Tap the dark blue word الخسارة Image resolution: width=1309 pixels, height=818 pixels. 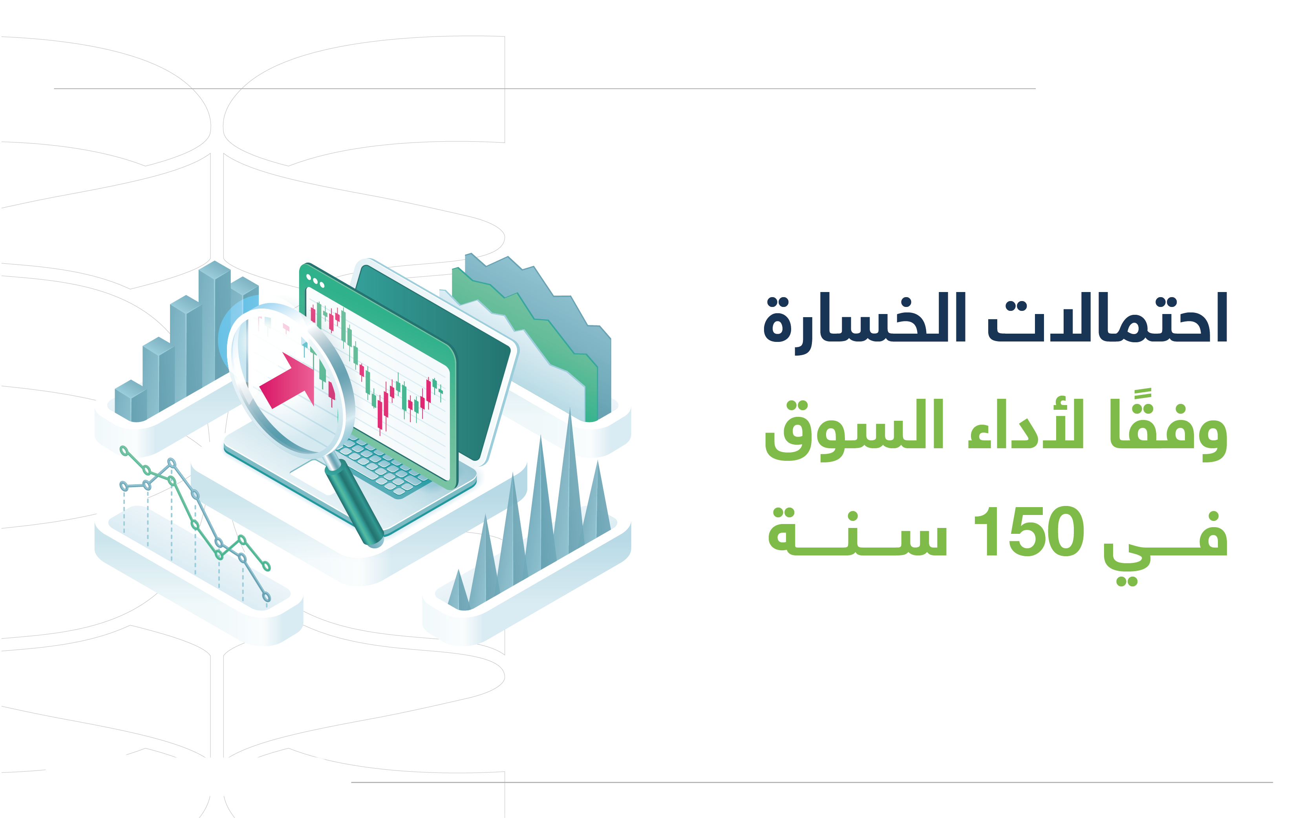tap(864, 322)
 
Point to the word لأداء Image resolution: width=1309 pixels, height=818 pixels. tap(1026, 425)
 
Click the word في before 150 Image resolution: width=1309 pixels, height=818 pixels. tap(1165, 546)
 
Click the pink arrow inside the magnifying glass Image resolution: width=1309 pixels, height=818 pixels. tap(287, 380)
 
